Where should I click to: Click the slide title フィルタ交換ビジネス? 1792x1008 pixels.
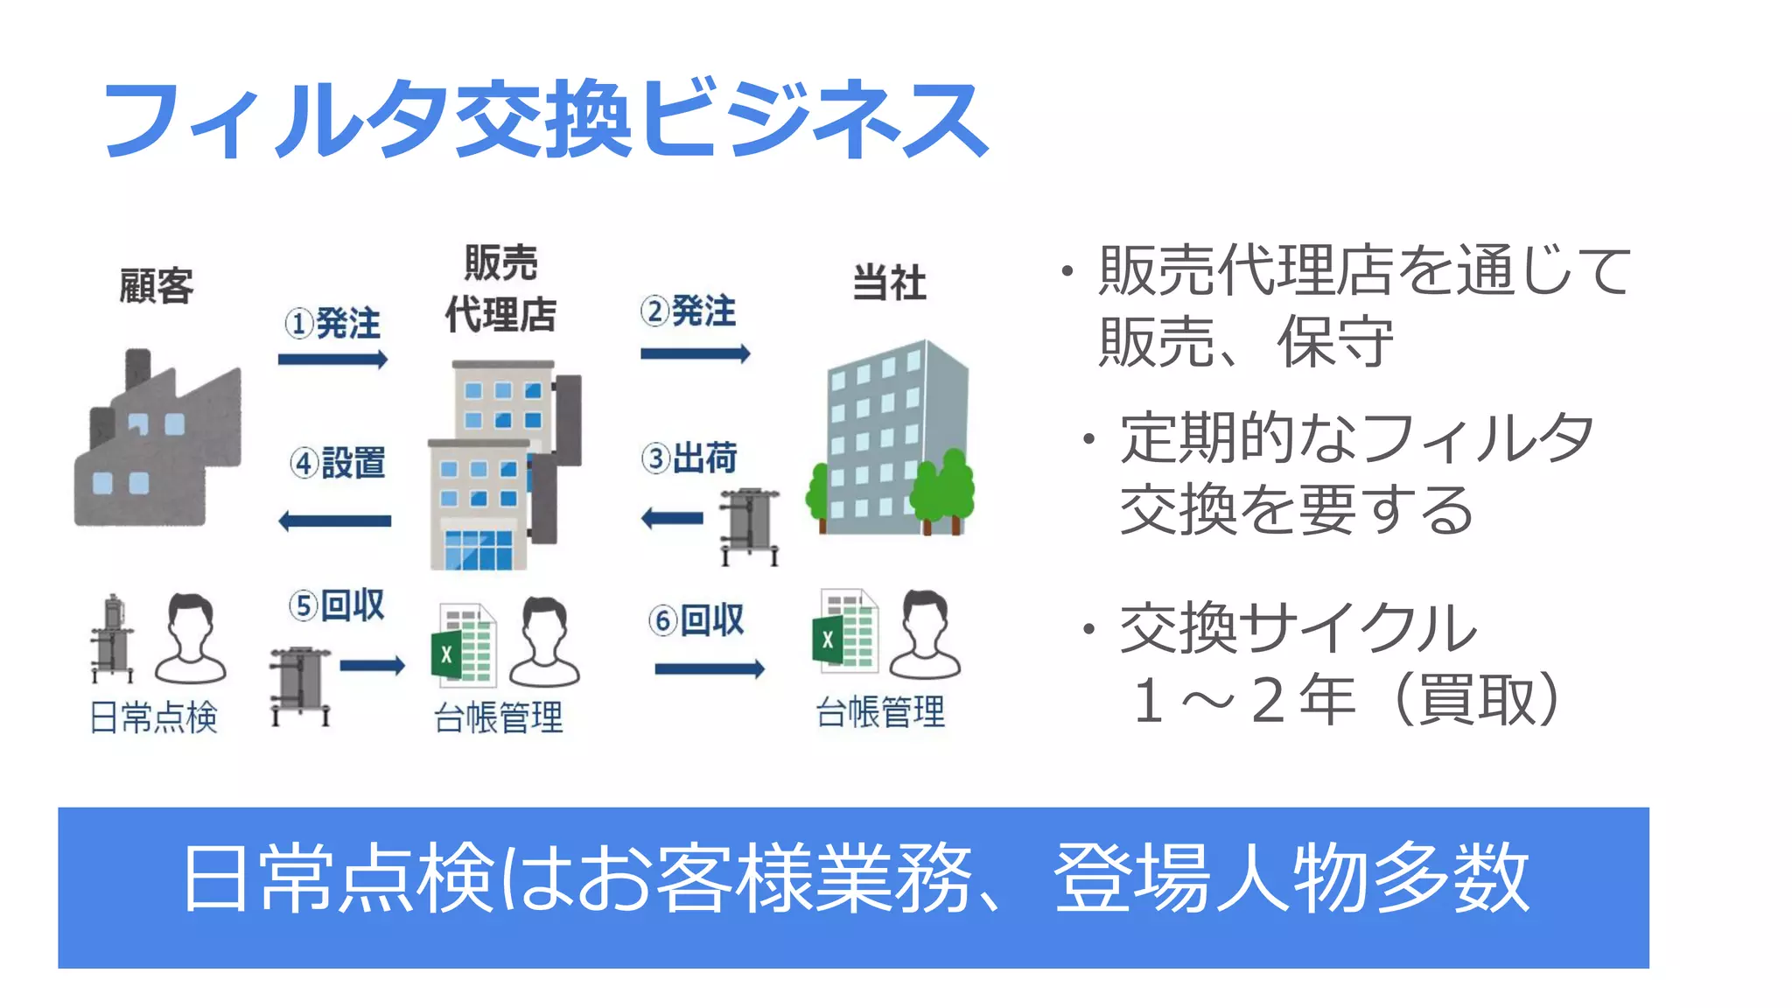pos(544,119)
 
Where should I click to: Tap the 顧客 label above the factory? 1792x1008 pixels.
pos(156,285)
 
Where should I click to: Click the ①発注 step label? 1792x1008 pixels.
pos(332,324)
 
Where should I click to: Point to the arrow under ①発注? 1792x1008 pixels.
pos(332,359)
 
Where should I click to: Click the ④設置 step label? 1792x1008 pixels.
pos(338,462)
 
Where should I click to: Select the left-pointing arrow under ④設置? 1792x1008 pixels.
pos(334,521)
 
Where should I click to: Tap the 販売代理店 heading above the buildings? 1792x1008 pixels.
pos(500,289)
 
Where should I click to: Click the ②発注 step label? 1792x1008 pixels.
pos(689,311)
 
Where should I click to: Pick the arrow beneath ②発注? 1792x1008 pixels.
pos(695,353)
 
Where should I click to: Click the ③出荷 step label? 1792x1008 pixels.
pos(689,458)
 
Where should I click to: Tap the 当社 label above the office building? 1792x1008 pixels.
pos(889,283)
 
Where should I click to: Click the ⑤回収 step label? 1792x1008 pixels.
pos(337,605)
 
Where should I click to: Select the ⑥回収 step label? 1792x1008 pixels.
pos(696,619)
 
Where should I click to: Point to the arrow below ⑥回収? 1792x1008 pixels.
pos(709,669)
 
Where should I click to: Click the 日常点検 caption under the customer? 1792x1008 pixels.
pos(154,717)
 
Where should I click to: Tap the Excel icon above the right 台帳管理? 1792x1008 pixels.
pos(845,633)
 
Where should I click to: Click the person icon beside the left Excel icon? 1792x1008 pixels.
pos(544,641)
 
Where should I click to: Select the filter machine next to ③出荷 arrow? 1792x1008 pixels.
pos(750,526)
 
